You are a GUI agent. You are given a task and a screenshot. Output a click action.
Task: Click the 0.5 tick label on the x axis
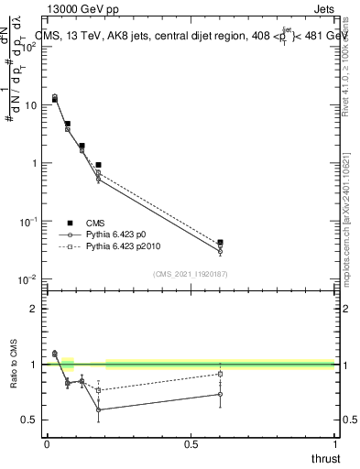coord(191,444)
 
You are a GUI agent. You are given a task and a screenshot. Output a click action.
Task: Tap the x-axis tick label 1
coord(334,444)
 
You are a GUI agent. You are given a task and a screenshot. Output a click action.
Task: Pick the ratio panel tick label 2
coord(35,309)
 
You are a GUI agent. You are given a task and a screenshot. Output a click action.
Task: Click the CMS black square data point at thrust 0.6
coord(220,243)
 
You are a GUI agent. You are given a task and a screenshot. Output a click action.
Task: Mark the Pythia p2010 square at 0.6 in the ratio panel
coord(220,374)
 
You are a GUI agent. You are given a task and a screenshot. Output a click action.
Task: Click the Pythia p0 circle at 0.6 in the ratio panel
coord(220,395)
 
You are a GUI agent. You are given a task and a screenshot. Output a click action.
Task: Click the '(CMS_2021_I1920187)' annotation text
coord(191,274)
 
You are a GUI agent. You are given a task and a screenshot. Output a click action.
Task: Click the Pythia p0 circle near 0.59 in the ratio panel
coord(98,409)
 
